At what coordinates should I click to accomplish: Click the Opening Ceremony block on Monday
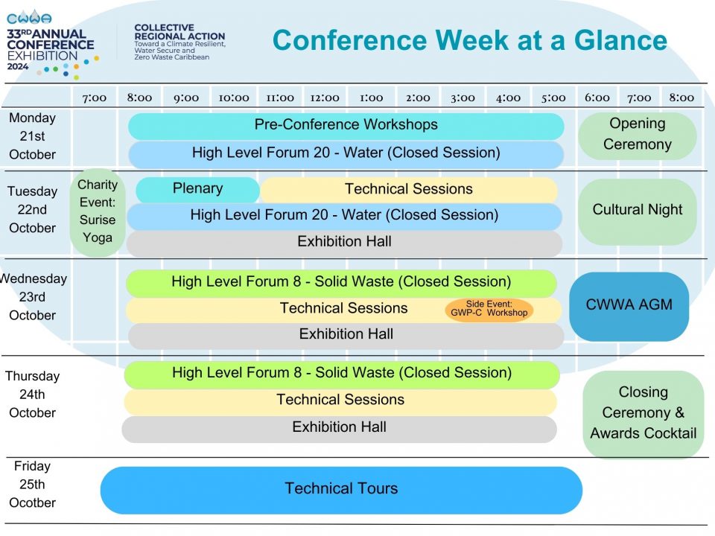click(x=637, y=135)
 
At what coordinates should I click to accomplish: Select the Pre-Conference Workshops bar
click(x=346, y=126)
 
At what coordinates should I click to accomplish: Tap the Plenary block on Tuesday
click(x=197, y=189)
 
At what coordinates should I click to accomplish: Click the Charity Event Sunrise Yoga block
click(x=98, y=212)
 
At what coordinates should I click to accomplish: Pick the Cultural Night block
click(x=637, y=211)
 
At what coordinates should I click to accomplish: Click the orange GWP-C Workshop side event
click(x=489, y=310)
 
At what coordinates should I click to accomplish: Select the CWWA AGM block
click(x=629, y=306)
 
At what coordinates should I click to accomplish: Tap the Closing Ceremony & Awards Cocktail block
click(x=643, y=413)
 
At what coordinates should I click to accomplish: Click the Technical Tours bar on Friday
click(x=341, y=490)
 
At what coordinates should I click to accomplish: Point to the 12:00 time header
click(x=325, y=98)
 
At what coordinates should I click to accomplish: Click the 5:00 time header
click(x=553, y=98)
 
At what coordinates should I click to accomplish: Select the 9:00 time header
click(x=186, y=98)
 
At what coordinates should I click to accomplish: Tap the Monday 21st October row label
click(x=32, y=135)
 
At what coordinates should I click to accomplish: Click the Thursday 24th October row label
click(x=32, y=395)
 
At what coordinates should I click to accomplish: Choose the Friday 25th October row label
click(x=32, y=484)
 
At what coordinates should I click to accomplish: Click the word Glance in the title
click(x=620, y=40)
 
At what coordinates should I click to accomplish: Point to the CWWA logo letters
click(x=29, y=18)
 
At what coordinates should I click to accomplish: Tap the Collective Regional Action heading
click(x=179, y=32)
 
